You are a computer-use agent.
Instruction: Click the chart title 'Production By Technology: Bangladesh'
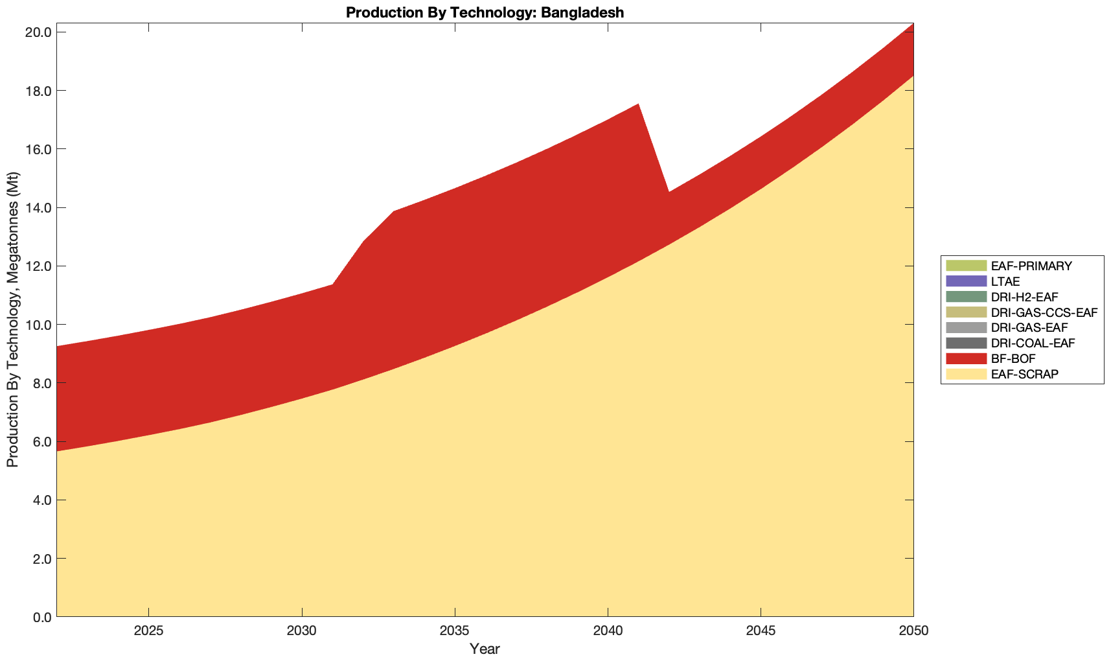485,12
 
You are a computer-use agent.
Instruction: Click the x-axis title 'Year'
485,649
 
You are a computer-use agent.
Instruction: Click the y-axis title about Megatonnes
12,319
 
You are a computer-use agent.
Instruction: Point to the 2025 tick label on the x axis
148,632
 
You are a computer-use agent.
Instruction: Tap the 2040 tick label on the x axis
608,632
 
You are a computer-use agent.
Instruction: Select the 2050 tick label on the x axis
913,632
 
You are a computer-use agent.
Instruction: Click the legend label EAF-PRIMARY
1031,266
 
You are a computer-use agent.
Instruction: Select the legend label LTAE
1005,281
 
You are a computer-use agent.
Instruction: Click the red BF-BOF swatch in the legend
966,358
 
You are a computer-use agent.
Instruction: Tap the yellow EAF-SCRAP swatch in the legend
966,374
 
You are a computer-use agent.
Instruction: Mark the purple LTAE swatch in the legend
966,281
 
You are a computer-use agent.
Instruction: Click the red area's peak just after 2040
638,105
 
